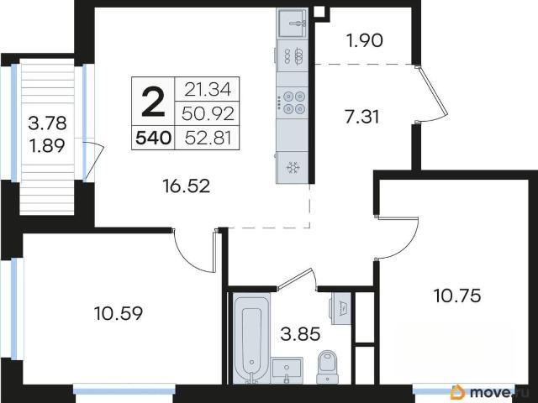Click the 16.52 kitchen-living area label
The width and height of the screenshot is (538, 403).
coord(187,186)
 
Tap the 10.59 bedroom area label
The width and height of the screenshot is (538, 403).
coord(119,313)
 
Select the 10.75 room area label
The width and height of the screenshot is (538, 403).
coord(457,296)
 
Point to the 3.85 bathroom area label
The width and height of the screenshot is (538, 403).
coord(300,334)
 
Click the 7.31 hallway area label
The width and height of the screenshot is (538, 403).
coord(362,117)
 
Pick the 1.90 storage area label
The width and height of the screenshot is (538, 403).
coord(364,40)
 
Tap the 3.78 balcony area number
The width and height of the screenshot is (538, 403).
coord(47,123)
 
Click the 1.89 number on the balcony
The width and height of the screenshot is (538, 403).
coord(47,146)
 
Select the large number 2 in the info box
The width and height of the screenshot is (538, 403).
coord(153,102)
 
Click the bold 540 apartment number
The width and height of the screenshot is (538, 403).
coord(153,138)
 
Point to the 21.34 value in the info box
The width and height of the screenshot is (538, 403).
coord(208,90)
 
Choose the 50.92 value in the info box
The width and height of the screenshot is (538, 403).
coord(208,114)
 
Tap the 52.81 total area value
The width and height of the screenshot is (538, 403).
coord(208,138)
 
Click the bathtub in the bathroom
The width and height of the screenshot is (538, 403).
coord(251,338)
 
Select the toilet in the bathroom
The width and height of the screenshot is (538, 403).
coord(328,367)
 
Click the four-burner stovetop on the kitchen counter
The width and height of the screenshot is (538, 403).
coord(293,102)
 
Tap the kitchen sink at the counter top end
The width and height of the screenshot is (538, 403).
coord(293,23)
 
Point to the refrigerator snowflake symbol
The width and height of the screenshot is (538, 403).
coord(293,168)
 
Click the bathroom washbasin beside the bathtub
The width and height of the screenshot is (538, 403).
coord(287,370)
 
